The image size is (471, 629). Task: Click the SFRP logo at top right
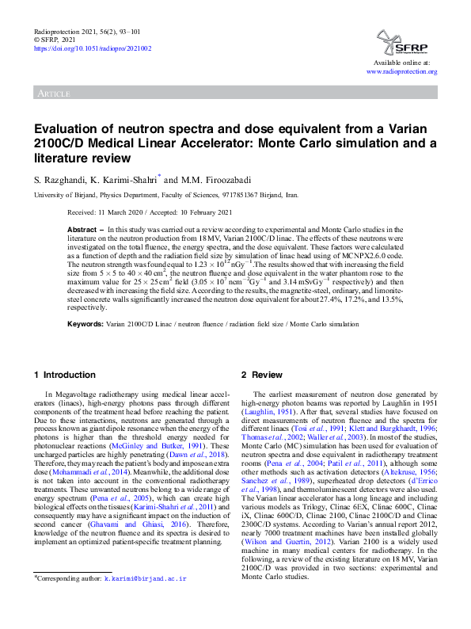[406, 39]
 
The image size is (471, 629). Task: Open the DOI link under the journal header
[92, 48]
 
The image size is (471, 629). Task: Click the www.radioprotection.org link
[401, 71]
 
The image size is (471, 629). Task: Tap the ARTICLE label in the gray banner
[52, 94]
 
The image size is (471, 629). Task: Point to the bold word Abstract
[83, 227]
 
